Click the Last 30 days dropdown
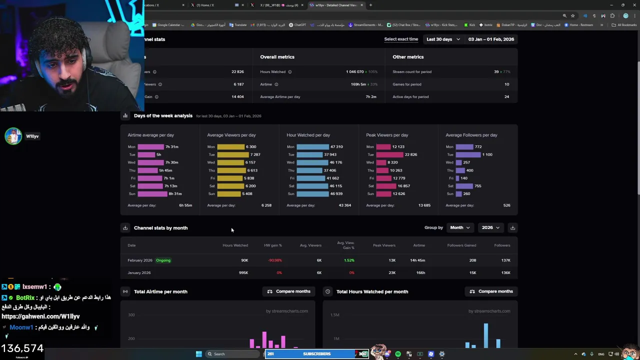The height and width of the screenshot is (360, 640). coord(442,39)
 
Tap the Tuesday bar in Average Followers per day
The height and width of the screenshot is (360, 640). coord(468,154)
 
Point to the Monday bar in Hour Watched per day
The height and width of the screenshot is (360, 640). coord(312,146)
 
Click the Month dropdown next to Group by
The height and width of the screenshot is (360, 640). coord(459,227)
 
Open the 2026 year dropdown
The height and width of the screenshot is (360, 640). coord(490,227)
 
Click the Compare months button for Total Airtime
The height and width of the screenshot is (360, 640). coord(288,291)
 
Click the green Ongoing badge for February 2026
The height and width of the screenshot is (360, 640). coord(163,260)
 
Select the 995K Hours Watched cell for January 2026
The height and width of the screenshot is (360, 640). coord(243,272)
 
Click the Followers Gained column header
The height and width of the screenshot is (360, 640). coord(461,245)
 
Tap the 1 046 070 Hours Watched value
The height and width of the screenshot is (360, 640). coord(354,71)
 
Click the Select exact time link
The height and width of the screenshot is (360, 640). coord(401,39)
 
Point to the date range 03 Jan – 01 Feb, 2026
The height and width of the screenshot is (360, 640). coord(491,39)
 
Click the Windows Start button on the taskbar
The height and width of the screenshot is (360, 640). coord(199,354)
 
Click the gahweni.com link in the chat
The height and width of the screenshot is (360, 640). coord(40,316)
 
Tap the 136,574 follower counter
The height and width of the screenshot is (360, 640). coord(22,348)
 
